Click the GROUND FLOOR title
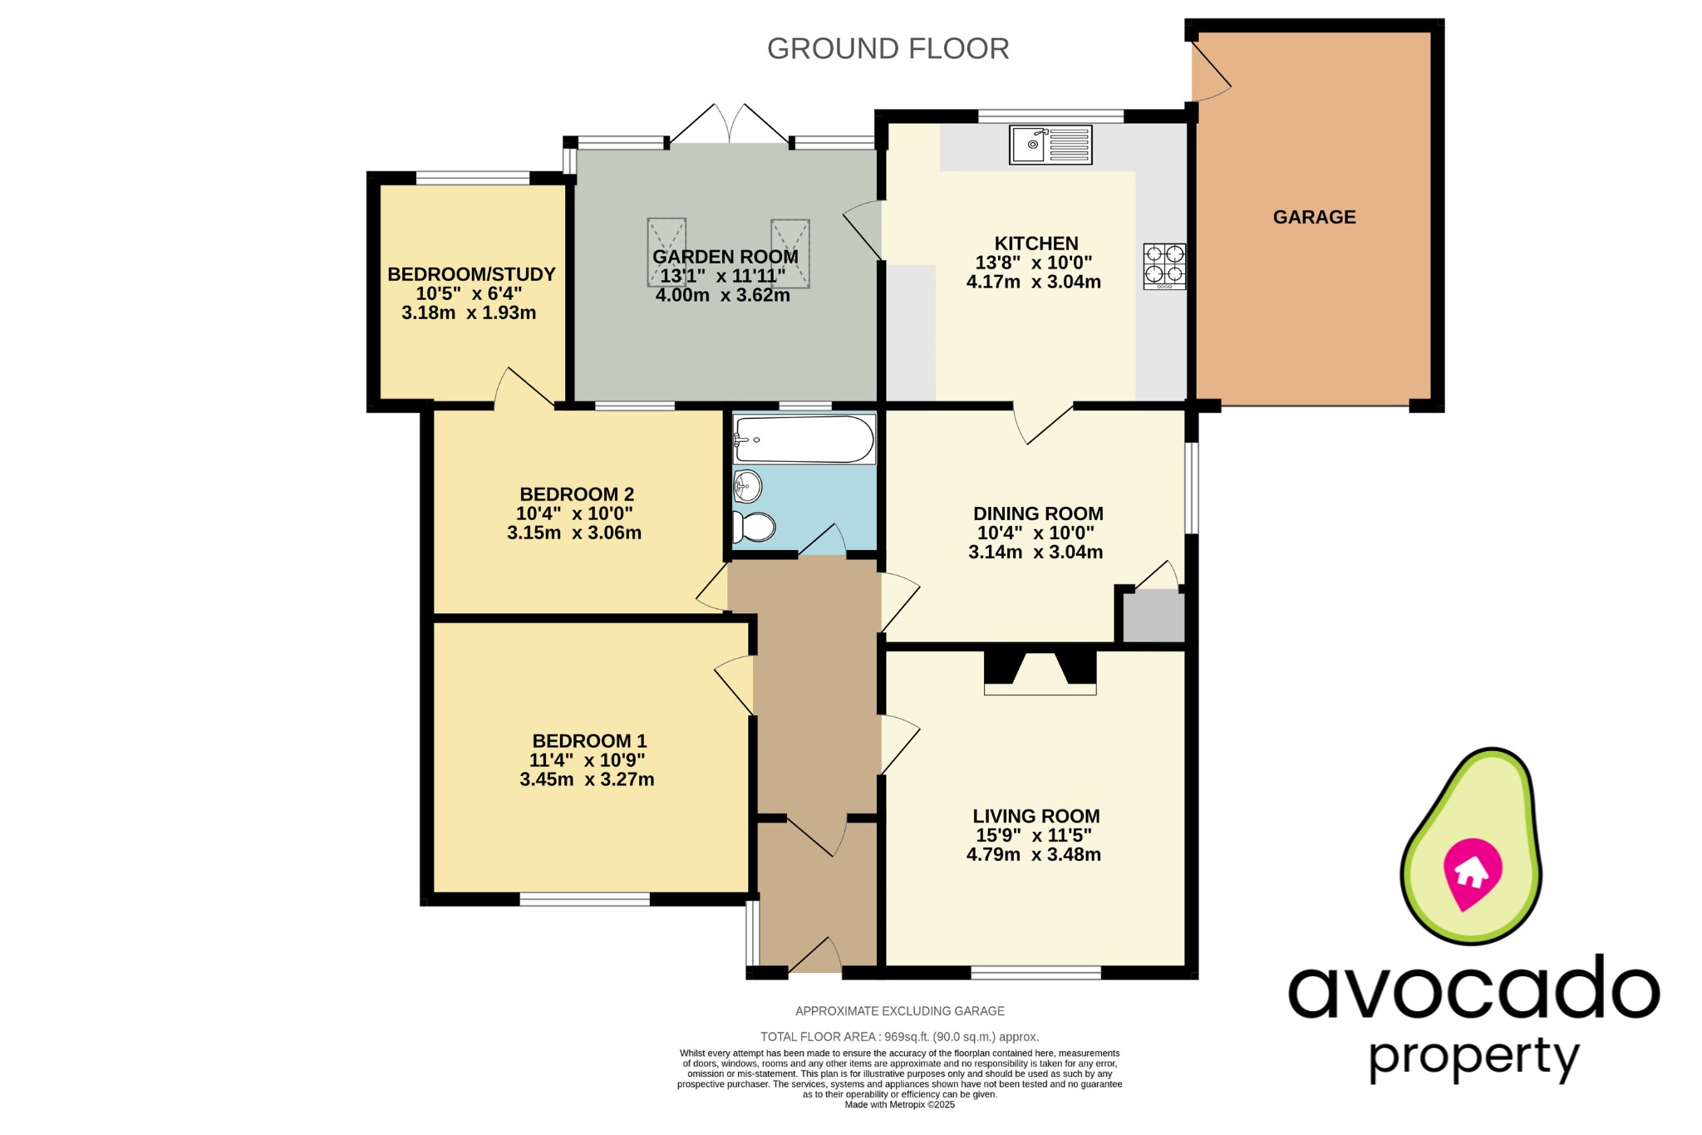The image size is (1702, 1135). [x=888, y=49]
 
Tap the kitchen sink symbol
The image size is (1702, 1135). [x=1050, y=145]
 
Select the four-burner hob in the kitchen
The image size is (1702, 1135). [x=1164, y=265]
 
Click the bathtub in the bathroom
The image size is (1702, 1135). [x=804, y=440]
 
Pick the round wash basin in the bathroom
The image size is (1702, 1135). [x=748, y=487]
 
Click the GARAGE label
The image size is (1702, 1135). [x=1314, y=217]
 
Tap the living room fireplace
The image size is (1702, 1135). [x=1040, y=672]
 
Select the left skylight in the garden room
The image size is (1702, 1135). [x=667, y=252]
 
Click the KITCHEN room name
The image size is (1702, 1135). [x=1035, y=243]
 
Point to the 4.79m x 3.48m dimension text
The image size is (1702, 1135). [x=1033, y=854]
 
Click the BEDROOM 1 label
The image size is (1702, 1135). [x=588, y=740]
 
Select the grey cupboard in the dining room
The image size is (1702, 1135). [x=1153, y=617]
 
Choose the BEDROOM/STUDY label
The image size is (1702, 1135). [x=471, y=274]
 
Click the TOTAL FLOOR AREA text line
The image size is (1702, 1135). [x=899, y=1036]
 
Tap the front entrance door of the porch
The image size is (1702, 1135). [x=815, y=956]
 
